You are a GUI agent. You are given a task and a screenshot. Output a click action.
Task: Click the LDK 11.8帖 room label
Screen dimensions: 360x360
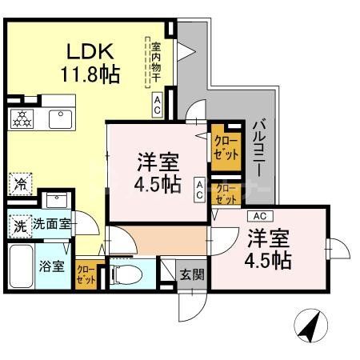92,64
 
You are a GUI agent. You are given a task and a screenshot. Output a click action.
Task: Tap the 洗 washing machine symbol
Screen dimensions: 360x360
18,225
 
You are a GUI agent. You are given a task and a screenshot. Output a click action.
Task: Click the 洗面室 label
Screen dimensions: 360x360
50,225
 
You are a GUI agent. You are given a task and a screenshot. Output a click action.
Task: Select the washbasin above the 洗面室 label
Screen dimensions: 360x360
56,201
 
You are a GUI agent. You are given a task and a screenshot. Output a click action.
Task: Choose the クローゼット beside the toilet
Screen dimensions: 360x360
86,275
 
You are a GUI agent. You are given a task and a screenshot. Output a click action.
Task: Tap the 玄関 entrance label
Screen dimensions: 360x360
191,274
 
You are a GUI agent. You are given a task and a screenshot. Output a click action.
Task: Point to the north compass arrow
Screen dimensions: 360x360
309,327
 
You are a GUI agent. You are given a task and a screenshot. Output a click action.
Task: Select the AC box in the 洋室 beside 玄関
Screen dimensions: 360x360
258,216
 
